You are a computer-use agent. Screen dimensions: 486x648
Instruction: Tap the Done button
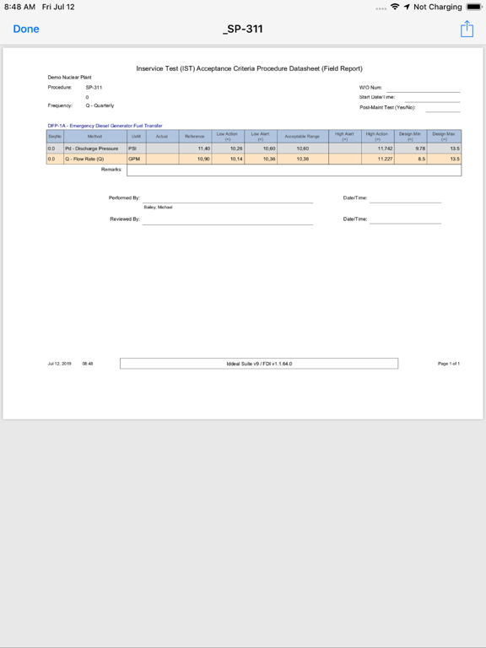26,29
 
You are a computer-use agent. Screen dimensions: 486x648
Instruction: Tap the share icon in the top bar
467,30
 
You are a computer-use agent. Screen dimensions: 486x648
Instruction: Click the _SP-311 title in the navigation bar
243,29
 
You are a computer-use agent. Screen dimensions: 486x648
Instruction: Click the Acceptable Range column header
302,136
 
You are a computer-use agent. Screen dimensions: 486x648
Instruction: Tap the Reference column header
194,136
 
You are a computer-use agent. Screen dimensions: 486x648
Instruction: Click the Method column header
94,136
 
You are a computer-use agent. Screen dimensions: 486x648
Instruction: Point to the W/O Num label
370,87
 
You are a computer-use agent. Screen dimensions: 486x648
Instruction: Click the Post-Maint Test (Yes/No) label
387,107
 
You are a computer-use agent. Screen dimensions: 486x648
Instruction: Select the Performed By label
124,197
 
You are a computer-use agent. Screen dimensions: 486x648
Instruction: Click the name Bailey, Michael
158,207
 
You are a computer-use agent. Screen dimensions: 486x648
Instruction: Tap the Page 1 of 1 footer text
449,364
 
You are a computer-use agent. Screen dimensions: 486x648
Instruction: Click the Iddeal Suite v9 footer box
258,364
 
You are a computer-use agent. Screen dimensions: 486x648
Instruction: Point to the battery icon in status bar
473,7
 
